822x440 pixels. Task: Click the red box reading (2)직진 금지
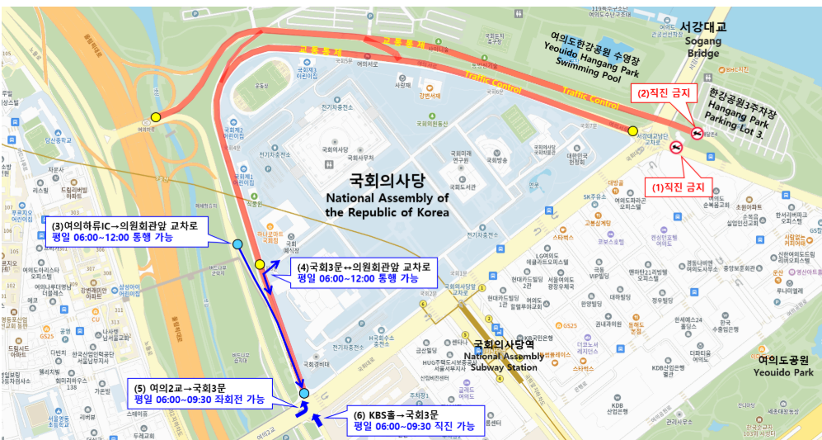coord(663,93)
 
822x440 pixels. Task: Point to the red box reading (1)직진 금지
coord(678,187)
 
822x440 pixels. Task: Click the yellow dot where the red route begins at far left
coord(156,117)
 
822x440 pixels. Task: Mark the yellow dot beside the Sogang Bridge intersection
coord(632,130)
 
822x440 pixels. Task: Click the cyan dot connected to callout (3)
coord(237,244)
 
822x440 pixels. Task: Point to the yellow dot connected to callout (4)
coord(260,264)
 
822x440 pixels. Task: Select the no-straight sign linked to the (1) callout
coord(676,148)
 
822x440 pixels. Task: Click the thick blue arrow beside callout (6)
coord(319,422)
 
